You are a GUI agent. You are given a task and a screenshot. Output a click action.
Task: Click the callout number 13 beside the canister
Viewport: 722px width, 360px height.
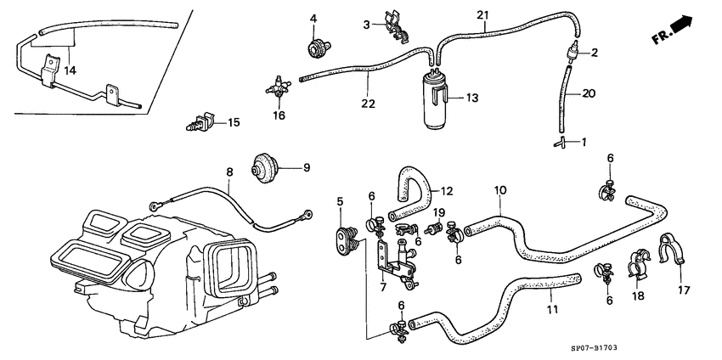[472, 98]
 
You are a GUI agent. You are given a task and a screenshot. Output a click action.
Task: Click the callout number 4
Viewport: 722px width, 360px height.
[313, 18]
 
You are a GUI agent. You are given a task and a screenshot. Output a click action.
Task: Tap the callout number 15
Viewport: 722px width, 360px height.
[234, 123]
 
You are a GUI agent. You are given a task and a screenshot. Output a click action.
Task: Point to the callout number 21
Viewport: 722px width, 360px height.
[482, 15]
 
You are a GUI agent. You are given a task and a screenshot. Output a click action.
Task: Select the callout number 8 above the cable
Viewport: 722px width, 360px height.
[228, 173]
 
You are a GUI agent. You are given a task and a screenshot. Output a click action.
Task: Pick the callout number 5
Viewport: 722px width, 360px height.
[341, 202]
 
